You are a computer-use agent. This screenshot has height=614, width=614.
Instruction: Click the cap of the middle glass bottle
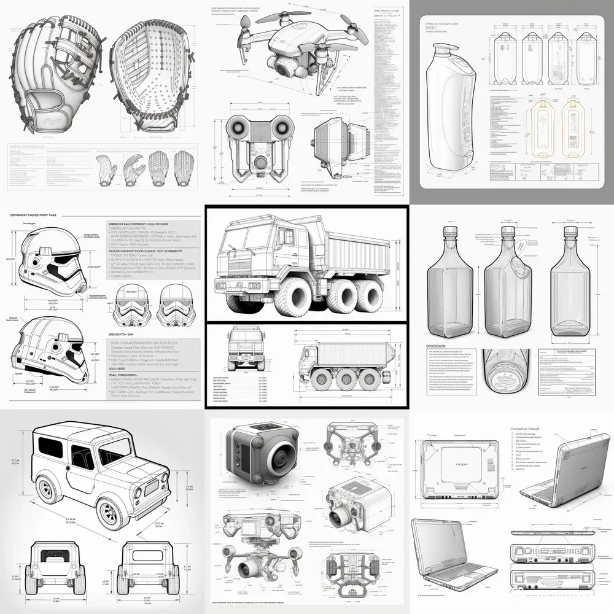coord(508,232)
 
